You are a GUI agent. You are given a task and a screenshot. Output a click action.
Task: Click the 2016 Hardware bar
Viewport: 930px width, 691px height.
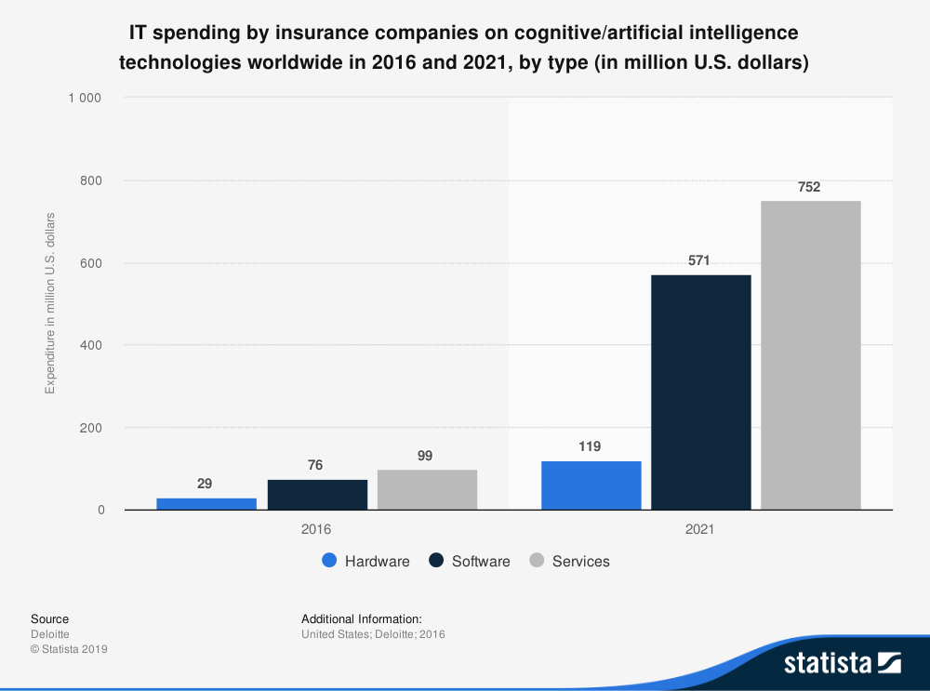click(206, 503)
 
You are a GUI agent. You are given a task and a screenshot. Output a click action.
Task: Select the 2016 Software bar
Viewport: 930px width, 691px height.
click(317, 494)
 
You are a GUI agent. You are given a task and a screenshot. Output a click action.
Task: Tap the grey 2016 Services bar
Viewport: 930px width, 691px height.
click(428, 489)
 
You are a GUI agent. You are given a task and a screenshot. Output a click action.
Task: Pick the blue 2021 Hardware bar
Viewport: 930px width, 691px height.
click(591, 485)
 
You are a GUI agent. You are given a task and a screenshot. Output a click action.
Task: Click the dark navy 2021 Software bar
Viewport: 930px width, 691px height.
click(701, 392)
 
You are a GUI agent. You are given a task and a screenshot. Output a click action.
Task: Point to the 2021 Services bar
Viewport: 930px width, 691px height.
click(811, 354)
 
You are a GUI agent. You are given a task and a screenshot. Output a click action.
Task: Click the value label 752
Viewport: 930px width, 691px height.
click(809, 187)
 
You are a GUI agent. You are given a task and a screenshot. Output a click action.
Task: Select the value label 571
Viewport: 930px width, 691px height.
click(699, 261)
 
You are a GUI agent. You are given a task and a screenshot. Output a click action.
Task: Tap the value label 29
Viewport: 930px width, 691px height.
click(205, 484)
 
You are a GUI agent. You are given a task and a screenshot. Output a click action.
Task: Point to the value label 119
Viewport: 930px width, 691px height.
click(590, 446)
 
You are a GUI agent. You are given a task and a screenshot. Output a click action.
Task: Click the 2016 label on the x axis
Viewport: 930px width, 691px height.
click(316, 529)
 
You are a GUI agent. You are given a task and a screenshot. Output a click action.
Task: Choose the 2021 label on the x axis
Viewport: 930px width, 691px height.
click(699, 529)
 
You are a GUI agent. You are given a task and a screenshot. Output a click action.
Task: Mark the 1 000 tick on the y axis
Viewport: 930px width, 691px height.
click(85, 98)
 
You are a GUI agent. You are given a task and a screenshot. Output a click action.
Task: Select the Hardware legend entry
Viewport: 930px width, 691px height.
click(365, 561)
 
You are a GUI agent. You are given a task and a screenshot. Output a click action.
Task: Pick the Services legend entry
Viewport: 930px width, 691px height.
click(569, 561)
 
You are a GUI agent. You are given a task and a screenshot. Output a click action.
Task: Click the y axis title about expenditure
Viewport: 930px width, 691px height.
click(50, 303)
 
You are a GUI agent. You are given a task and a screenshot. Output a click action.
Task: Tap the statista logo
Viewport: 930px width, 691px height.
click(842, 662)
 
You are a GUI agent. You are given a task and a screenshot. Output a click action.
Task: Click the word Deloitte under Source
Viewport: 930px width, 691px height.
click(50, 634)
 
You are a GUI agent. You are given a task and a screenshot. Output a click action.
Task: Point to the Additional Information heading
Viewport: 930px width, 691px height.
click(362, 618)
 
